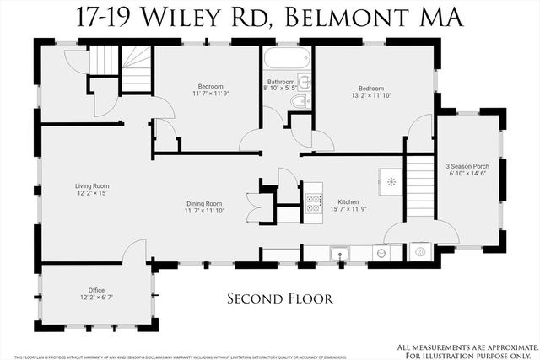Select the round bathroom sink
coord(304,83)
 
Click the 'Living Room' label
coord(68,186)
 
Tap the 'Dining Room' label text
coord(204,203)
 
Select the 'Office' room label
coord(96,290)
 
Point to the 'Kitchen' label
coord(349,203)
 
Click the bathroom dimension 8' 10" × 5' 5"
coord(282,88)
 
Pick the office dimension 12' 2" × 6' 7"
coord(96,298)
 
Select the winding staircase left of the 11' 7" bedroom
coord(120,67)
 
